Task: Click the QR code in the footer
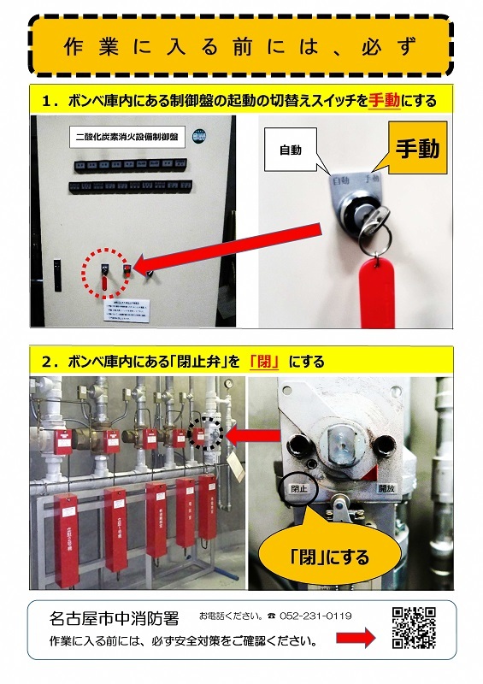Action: (414, 628)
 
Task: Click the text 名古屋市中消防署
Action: (113, 616)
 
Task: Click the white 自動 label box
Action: (291, 150)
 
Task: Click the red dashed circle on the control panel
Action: (104, 275)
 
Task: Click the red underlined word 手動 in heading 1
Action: (385, 101)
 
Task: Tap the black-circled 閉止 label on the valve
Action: (299, 488)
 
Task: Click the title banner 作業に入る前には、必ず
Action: (241, 45)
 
